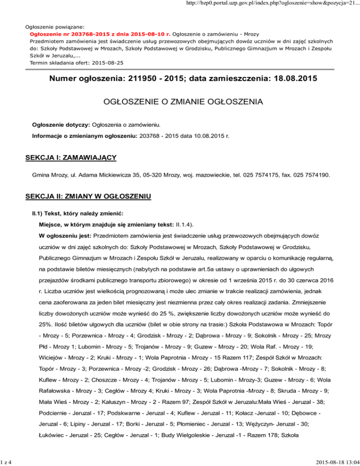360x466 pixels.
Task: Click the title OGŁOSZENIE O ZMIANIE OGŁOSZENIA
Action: [x=180, y=102]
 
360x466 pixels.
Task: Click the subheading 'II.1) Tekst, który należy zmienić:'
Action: [x=78, y=213]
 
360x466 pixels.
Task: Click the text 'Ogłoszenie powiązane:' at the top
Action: [x=52, y=27]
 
